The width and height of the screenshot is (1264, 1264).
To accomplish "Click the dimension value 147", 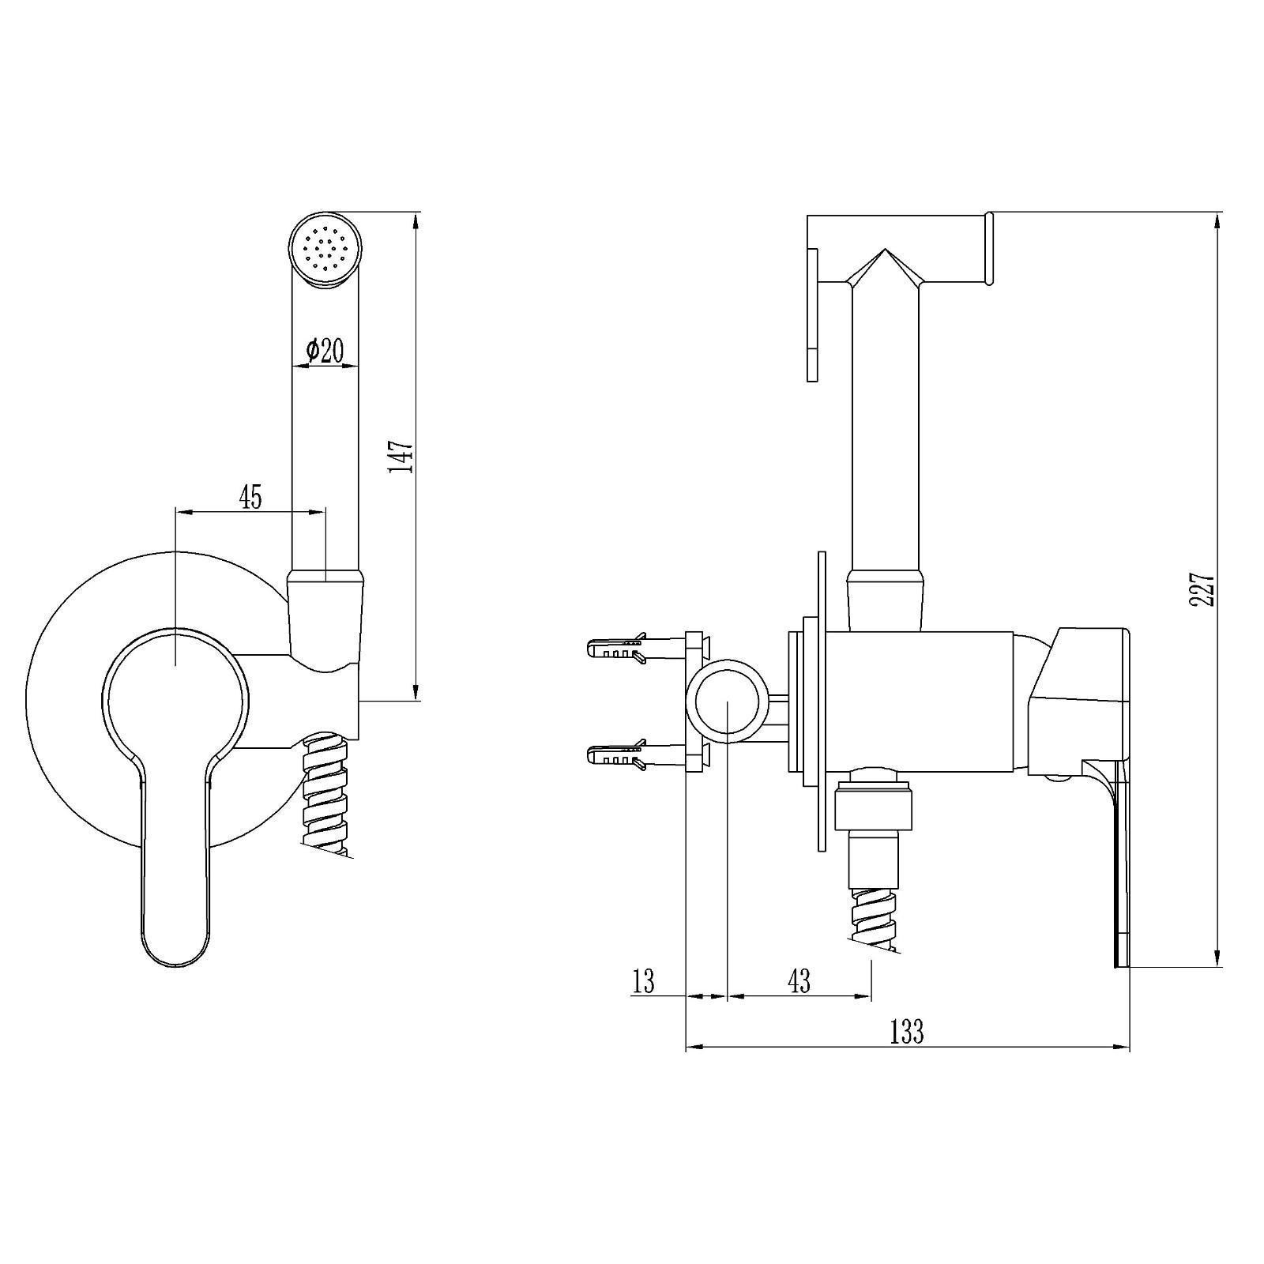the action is click(x=401, y=457).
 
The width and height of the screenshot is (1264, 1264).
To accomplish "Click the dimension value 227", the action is click(x=1202, y=589).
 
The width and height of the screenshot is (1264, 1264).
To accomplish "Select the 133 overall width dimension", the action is click(x=907, y=1032).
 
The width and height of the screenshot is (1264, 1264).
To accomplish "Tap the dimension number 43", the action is click(x=799, y=981).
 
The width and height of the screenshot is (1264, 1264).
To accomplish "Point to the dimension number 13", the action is click(x=644, y=981).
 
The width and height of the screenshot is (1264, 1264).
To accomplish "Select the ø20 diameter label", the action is click(x=324, y=350).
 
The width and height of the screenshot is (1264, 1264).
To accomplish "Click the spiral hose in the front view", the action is click(x=325, y=792).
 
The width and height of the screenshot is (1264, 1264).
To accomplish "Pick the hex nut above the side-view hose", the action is click(x=875, y=808).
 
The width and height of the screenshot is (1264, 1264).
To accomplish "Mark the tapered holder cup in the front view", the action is click(x=325, y=624).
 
